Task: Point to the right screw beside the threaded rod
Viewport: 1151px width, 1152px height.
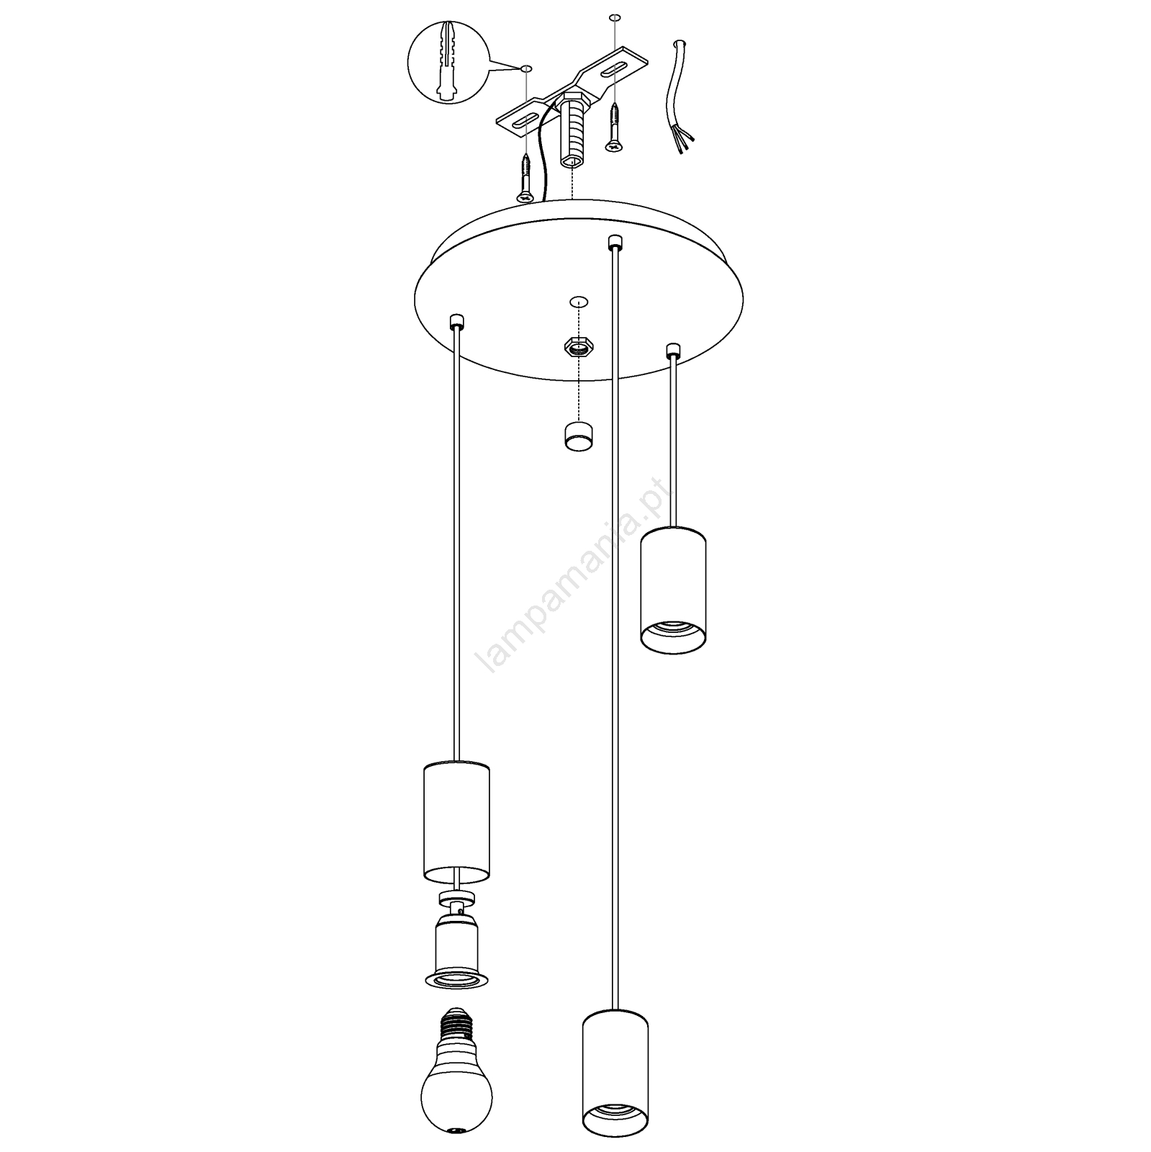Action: pyautogui.click(x=614, y=127)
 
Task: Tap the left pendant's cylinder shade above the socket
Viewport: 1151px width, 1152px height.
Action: pyautogui.click(x=455, y=822)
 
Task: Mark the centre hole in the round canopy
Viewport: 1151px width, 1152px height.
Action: pyautogui.click(x=577, y=301)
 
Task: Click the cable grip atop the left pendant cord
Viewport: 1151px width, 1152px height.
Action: pyautogui.click(x=455, y=320)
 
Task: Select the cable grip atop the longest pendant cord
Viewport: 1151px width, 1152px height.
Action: pyautogui.click(x=614, y=241)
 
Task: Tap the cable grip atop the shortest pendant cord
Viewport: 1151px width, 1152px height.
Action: pyautogui.click(x=673, y=351)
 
